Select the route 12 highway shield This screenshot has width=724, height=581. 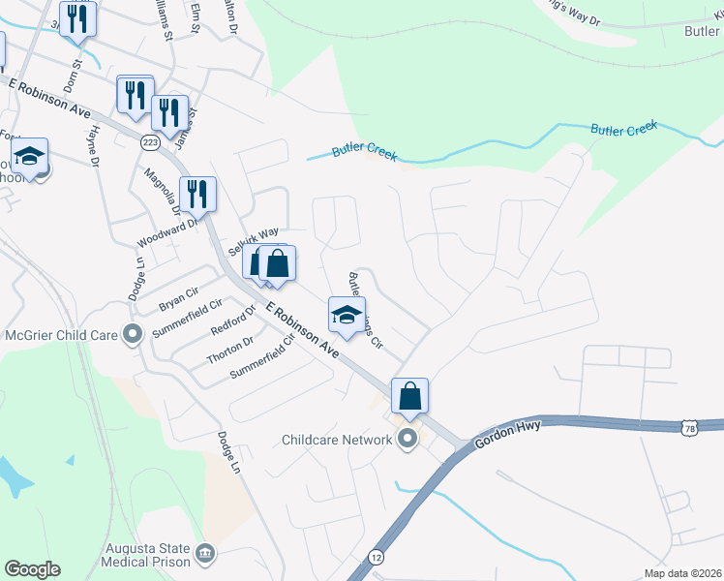[376, 557]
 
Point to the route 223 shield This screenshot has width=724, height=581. [149, 141]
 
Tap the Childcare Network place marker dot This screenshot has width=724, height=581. [407, 440]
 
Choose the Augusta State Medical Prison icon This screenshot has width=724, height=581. [205, 554]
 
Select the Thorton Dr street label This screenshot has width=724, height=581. [229, 351]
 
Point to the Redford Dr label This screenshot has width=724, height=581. [232, 321]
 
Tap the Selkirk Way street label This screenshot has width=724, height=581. [253, 236]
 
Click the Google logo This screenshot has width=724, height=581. [32, 569]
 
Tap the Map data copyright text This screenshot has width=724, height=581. [682, 573]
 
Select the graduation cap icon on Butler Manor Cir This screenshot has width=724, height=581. [347, 314]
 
